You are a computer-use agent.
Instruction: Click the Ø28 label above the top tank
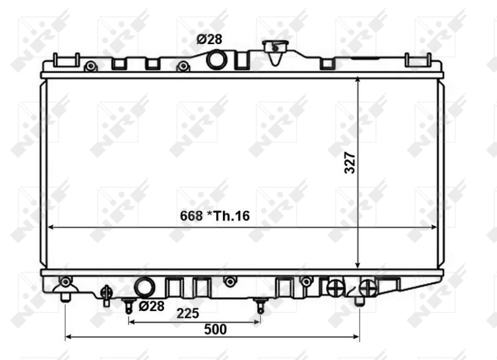point(209,39)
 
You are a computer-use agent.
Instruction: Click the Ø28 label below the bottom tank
point(151,306)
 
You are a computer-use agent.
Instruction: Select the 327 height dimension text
point(350,162)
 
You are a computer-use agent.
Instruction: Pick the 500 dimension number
point(215,329)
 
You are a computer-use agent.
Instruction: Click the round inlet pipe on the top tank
point(217,60)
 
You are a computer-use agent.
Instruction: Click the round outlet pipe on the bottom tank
point(144,287)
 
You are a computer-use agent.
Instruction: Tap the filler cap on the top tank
point(273,47)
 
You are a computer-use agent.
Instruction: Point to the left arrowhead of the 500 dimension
point(68,338)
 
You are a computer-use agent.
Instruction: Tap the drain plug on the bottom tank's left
point(106,294)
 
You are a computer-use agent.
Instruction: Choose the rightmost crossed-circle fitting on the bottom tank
point(368,287)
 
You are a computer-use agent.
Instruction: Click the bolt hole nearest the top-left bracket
point(90,66)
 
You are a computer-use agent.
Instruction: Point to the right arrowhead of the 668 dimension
point(435,227)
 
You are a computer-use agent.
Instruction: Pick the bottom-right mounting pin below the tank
point(358,300)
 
